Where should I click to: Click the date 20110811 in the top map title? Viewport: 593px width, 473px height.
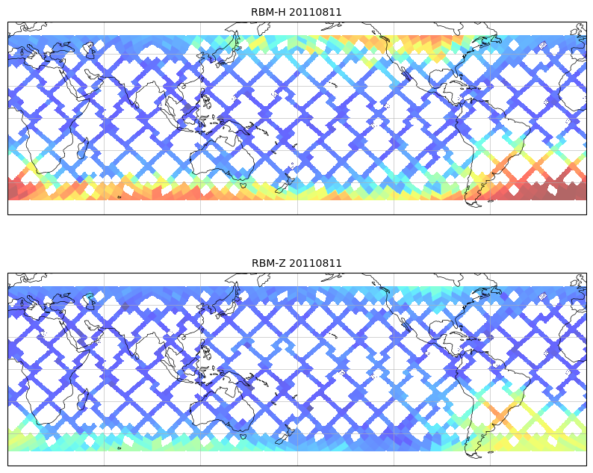(x=315, y=12)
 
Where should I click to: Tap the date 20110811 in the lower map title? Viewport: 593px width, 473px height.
(x=315, y=263)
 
